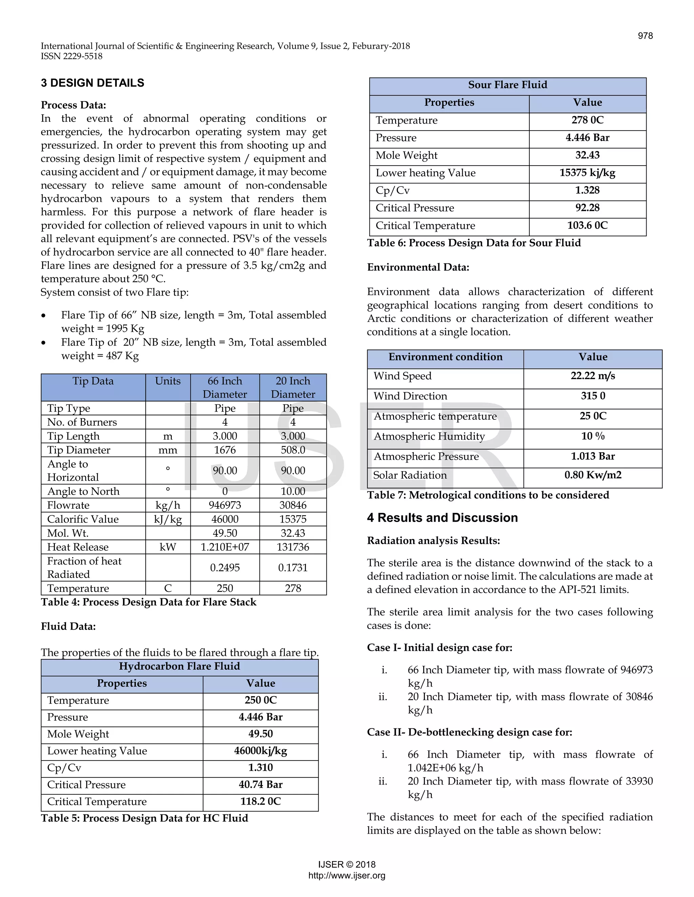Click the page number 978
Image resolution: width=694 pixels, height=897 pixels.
pyautogui.click(x=645, y=36)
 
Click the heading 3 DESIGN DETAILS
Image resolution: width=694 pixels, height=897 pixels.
pyautogui.click(x=93, y=83)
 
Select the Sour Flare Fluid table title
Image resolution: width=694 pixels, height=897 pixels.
pyautogui.click(x=507, y=85)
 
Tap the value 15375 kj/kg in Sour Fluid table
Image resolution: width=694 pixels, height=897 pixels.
pyautogui.click(x=587, y=173)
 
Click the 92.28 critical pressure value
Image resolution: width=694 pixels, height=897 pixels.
pyautogui.click(x=587, y=208)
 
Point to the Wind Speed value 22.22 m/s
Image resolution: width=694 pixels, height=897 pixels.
pyautogui.click(x=592, y=376)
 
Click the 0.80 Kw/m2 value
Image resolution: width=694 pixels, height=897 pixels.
pyautogui.click(x=592, y=475)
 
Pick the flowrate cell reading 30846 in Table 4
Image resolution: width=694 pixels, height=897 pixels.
pyautogui.click(x=293, y=505)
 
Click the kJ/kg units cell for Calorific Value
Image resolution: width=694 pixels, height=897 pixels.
pyautogui.click(x=168, y=519)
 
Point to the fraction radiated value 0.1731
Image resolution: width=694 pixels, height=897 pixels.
pyautogui.click(x=293, y=568)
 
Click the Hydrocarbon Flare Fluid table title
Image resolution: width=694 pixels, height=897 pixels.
pyautogui.click(x=179, y=666)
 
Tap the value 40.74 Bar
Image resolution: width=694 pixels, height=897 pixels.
pyautogui.click(x=260, y=785)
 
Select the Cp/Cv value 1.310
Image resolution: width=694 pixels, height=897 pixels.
pyautogui.click(x=260, y=768)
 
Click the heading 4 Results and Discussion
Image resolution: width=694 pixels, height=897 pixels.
pyautogui.click(x=442, y=518)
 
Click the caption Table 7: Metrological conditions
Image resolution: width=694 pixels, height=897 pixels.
pyautogui.click(x=488, y=495)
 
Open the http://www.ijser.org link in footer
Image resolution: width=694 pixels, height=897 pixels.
pyautogui.click(x=347, y=876)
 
